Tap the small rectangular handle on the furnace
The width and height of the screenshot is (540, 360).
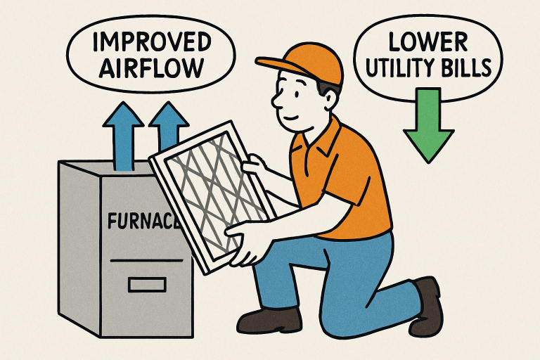147,284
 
